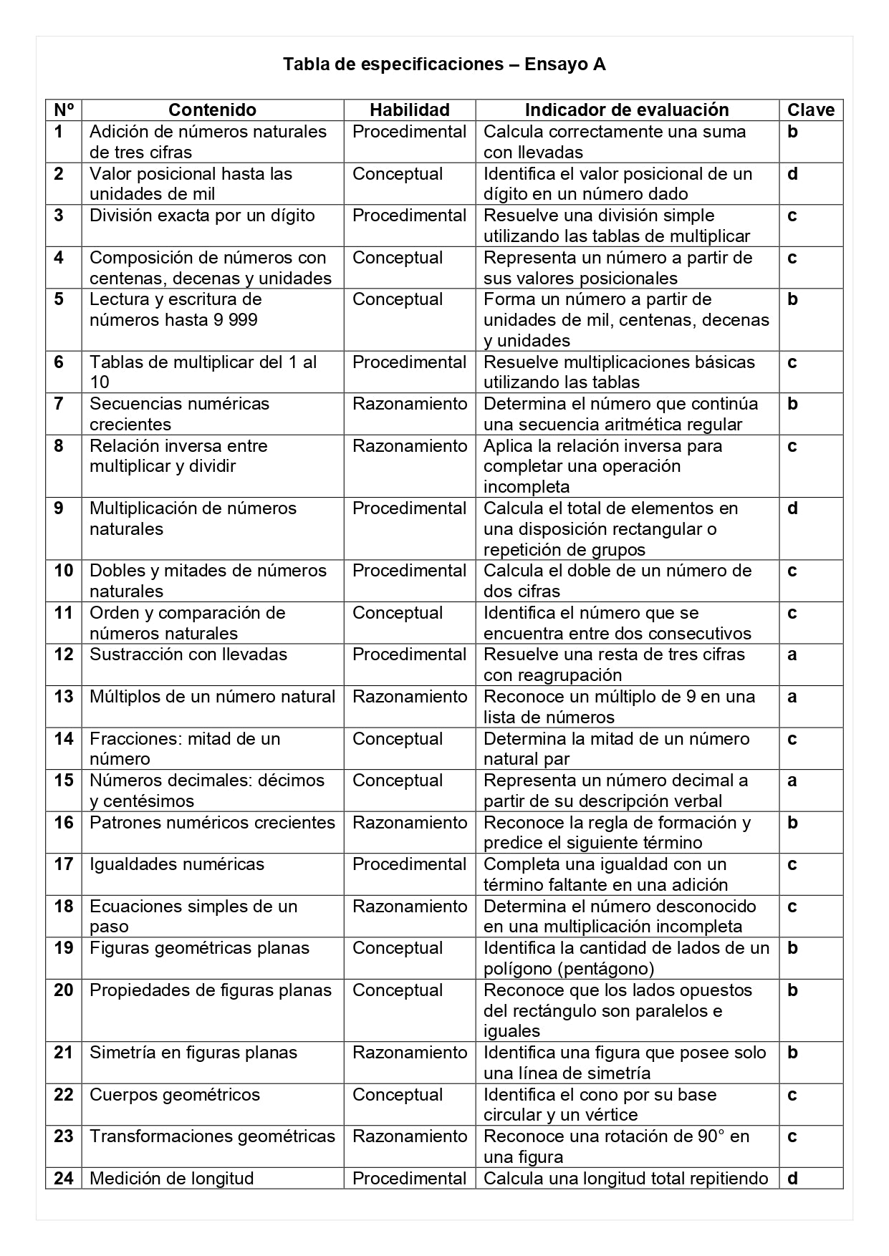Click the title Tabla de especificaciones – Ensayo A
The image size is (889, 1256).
coord(444,64)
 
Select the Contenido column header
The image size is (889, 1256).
coord(212,110)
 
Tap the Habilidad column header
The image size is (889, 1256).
coord(409,110)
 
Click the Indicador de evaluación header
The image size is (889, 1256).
coord(627,110)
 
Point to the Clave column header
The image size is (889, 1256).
coord(811,110)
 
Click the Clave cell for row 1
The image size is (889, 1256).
coord(792,132)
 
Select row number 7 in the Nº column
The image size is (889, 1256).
coord(59,404)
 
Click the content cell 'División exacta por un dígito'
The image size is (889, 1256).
coord(202,216)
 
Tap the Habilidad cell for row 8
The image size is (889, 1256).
coord(409,446)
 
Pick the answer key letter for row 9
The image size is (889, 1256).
coord(792,508)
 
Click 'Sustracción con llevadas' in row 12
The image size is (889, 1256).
coord(188,654)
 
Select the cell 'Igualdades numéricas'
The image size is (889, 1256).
coord(177,864)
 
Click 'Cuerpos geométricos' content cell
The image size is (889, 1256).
coord(175,1095)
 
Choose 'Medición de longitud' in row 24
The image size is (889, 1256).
coord(172,1179)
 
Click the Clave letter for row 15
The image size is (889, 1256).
coord(792,781)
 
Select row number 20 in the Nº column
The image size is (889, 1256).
coord(64,990)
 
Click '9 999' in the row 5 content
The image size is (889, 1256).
coord(235,320)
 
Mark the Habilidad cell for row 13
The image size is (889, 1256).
coord(409,697)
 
